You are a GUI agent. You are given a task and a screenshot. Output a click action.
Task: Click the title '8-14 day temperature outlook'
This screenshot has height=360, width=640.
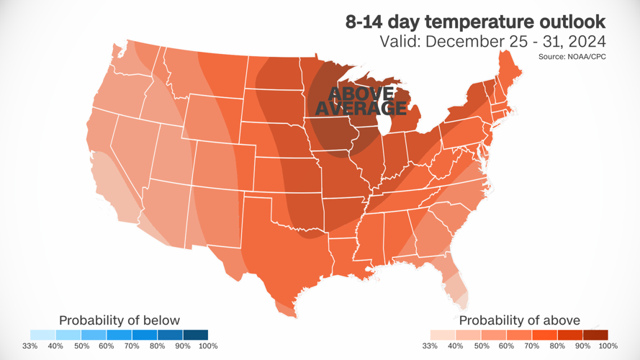coord(476,22)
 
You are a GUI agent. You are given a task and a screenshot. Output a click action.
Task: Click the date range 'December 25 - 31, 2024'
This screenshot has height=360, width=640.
coord(515,41)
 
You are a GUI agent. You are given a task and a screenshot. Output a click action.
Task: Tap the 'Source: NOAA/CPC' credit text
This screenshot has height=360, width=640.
coord(572,56)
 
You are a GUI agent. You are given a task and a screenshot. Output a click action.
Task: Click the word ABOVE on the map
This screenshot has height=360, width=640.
coord(361,94)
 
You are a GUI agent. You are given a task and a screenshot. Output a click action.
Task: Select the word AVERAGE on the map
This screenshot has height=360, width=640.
coord(361,109)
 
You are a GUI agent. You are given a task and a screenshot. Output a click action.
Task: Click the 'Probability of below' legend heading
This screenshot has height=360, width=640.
coord(120,320)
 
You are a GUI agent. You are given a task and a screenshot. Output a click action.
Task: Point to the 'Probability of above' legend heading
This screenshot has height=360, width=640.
coord(519,320)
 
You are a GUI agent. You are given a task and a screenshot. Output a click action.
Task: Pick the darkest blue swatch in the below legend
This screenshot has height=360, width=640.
coord(195,335)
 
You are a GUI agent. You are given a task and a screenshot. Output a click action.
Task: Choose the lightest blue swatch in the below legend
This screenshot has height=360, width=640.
coord(43,335)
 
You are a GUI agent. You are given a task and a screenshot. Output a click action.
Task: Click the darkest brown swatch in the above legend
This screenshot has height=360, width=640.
coord(595,335)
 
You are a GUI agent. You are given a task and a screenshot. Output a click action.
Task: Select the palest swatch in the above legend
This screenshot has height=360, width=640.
coord(443,335)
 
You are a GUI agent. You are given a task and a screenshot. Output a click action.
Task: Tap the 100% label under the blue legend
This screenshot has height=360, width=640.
coord(207,346)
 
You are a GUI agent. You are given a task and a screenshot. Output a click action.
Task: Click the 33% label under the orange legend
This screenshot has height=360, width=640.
coord(431,346)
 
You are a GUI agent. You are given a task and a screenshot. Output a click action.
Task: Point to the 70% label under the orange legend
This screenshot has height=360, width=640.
coord(532,346)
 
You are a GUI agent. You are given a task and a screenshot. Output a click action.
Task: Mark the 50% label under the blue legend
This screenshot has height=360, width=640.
coord(81,346)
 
